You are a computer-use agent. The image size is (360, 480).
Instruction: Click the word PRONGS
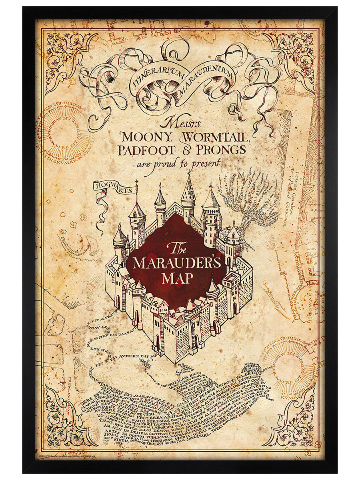(220, 150)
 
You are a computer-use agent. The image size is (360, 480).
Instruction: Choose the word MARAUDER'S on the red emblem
(177, 263)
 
